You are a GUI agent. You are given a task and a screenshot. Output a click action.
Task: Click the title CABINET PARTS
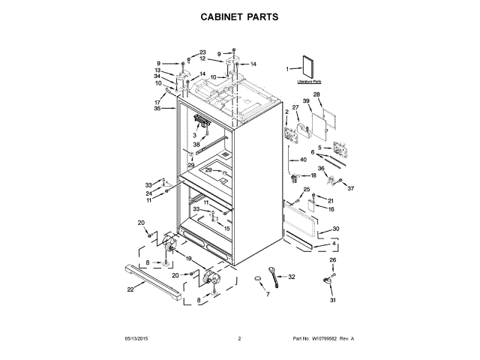(239, 15)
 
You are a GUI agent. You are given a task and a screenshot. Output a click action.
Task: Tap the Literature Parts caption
(309, 80)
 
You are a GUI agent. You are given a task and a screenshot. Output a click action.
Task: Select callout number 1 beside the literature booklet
(287, 69)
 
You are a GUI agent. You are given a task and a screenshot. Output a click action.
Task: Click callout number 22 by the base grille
(130, 289)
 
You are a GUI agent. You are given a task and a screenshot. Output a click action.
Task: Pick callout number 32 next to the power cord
(292, 277)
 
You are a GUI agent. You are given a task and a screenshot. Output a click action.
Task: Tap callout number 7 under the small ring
(267, 294)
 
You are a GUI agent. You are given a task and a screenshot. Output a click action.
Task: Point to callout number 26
(334, 260)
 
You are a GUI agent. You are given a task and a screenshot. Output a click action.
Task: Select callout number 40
(304, 160)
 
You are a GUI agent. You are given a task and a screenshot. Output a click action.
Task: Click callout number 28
(316, 95)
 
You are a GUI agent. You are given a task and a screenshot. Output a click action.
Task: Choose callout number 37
(349, 187)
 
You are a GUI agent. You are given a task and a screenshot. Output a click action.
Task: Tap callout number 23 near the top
(202, 52)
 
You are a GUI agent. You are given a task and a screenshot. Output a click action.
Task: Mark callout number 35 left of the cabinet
(157, 109)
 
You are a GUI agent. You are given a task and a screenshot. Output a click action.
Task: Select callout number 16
(330, 211)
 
